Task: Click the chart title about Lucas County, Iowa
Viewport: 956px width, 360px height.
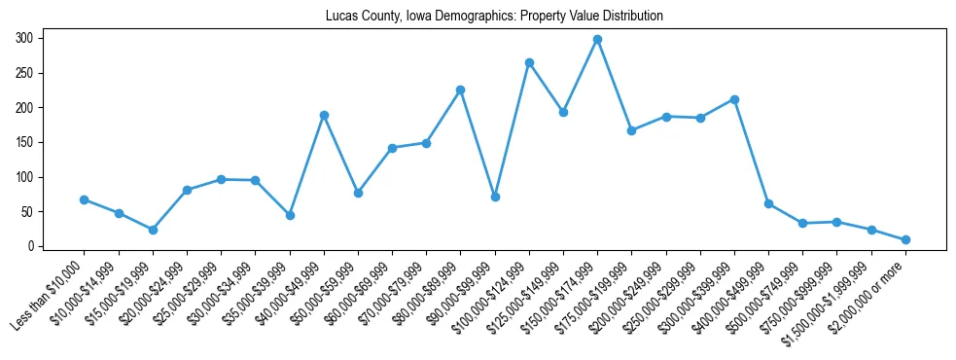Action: coord(478,17)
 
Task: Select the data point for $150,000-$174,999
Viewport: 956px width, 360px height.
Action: coord(597,40)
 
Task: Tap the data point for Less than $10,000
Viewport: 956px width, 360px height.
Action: coord(85,199)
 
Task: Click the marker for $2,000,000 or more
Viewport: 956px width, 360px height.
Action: coord(905,239)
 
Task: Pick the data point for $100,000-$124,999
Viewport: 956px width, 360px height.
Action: coord(529,62)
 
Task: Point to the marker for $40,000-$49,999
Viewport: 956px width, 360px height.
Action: coord(324,115)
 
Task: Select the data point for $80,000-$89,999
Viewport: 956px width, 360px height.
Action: coord(460,90)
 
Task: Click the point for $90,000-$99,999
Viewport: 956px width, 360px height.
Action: coord(495,197)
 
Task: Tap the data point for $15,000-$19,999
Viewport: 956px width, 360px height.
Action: coord(153,230)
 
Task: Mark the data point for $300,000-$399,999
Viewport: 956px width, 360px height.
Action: coord(734,99)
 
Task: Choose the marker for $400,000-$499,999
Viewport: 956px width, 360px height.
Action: coord(768,204)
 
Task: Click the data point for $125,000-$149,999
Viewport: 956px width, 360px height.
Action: coord(563,112)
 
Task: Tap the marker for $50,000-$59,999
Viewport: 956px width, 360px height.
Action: coord(358,193)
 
